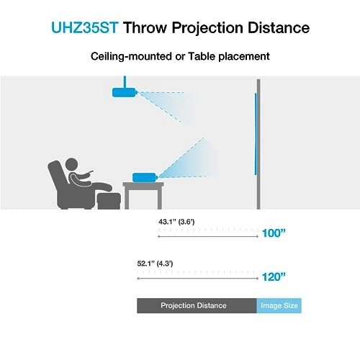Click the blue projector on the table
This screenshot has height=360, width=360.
pyautogui.click(x=146, y=175)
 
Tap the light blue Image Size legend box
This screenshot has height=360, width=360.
pyautogui.click(x=279, y=305)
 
